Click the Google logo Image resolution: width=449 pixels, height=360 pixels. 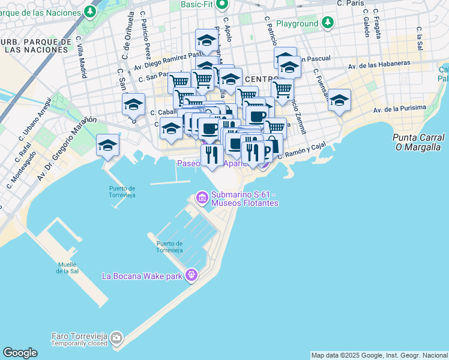click(x=20, y=353)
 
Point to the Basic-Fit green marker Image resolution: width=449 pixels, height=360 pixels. click(x=221, y=5)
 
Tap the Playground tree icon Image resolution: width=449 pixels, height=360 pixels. click(x=327, y=23)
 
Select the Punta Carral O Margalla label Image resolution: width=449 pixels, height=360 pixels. click(x=418, y=142)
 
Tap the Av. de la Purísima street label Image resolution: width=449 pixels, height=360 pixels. click(x=399, y=109)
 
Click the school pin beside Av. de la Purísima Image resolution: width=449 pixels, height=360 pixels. click(x=339, y=101)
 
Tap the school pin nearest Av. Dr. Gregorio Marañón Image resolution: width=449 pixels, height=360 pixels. click(x=108, y=145)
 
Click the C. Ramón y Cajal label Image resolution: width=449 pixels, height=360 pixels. click(x=302, y=150)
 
